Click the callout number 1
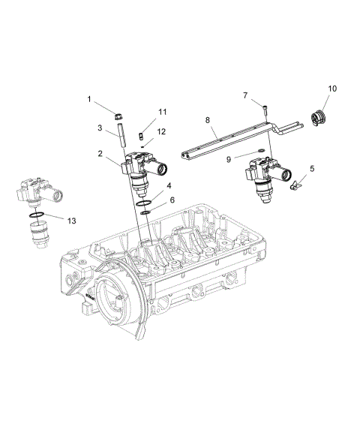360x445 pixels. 89,99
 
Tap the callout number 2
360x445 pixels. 100,153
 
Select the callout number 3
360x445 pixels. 100,128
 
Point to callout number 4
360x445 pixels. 170,185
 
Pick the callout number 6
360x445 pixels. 172,200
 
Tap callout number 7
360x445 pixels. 244,95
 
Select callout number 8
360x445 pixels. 208,119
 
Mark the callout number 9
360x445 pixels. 229,158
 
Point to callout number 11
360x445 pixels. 162,112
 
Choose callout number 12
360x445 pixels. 161,131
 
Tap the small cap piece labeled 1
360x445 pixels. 117,116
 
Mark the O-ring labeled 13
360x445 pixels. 35,216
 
